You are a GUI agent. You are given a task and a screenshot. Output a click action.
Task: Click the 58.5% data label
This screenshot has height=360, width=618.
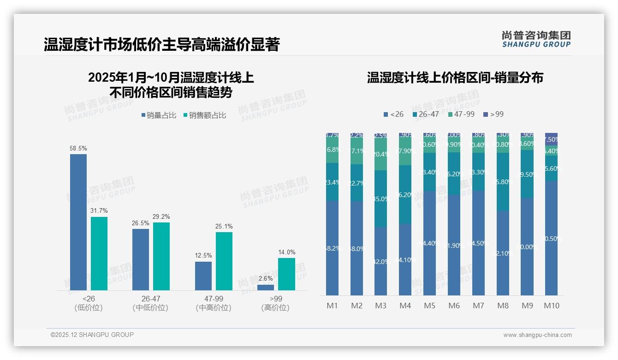point(78,149)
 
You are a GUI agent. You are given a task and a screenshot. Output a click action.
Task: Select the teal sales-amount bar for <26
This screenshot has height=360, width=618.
point(99,253)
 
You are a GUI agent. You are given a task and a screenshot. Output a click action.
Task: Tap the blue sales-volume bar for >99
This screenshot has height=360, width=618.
point(266,288)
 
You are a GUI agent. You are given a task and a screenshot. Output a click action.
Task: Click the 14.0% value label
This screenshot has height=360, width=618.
point(286,252)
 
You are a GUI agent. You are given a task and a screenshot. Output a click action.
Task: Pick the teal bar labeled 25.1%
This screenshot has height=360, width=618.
point(224,261)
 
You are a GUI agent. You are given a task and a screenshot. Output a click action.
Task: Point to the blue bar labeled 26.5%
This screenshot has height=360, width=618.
point(141,259)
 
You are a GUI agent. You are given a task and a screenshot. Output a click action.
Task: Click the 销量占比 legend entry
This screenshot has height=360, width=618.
point(159,115)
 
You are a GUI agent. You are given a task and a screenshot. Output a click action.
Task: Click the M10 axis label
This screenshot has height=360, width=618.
point(551,306)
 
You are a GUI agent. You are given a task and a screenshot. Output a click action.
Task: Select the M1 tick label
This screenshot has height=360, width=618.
point(332,306)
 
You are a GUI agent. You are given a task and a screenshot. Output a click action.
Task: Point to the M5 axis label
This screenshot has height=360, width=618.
point(429,306)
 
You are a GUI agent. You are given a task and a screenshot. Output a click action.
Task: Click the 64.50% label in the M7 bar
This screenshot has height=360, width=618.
point(478,243)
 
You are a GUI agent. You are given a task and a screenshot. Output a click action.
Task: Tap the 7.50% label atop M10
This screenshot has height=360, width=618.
point(551,139)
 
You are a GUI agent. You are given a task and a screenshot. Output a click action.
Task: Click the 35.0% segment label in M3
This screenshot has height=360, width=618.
point(380,199)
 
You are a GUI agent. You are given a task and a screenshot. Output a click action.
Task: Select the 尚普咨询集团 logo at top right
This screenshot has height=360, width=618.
point(536,39)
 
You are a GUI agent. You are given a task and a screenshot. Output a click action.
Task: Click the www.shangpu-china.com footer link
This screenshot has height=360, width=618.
point(537,335)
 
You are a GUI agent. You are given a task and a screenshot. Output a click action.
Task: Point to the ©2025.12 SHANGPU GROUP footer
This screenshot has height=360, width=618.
point(92,335)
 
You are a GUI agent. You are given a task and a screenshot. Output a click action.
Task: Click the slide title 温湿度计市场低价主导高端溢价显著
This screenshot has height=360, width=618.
point(161,45)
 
